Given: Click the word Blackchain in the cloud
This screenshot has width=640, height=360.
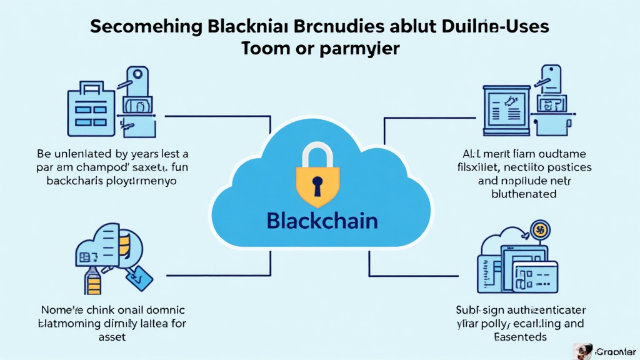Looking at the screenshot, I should pyautogui.click(x=321, y=221).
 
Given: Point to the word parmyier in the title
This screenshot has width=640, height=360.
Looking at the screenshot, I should pyautogui.click(x=362, y=49).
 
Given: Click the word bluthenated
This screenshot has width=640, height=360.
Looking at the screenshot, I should pyautogui.click(x=524, y=194).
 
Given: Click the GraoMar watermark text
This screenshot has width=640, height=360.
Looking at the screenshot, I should pyautogui.click(x=616, y=352).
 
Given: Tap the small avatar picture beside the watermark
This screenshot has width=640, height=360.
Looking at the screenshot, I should pyautogui.click(x=584, y=351).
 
